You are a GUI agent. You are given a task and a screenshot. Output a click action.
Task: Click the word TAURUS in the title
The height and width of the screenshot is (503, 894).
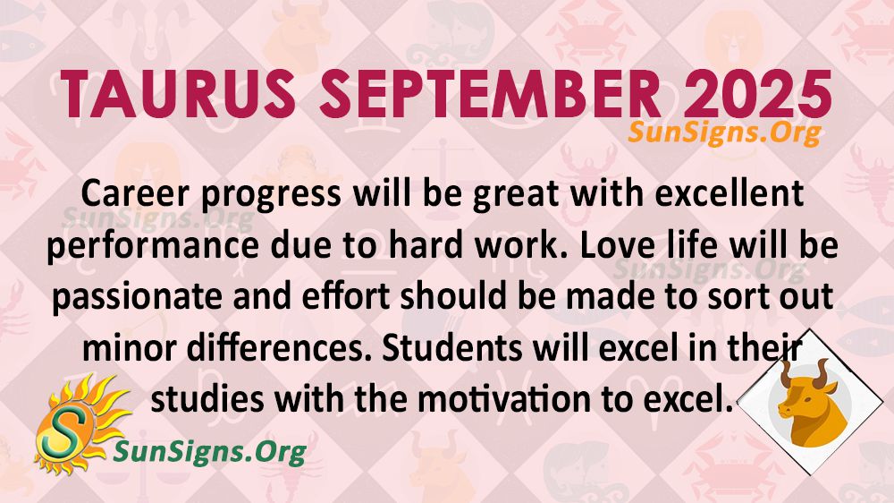pos(178,95)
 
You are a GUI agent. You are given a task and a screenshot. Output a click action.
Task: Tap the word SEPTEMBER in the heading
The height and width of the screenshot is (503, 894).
pos(490,95)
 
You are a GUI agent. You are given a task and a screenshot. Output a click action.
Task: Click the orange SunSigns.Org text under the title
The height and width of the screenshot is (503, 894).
pos(725,133)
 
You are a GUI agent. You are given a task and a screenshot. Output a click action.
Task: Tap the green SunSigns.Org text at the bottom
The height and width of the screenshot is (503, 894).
pos(210,452)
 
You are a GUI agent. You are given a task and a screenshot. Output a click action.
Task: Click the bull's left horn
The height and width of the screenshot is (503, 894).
pos(786,374)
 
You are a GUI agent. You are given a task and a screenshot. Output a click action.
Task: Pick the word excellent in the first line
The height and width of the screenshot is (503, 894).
pos(730,193)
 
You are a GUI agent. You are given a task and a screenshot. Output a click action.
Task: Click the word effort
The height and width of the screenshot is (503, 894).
pos(346,297)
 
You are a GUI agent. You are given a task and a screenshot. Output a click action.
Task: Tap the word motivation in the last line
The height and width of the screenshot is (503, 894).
pos(505,400)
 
